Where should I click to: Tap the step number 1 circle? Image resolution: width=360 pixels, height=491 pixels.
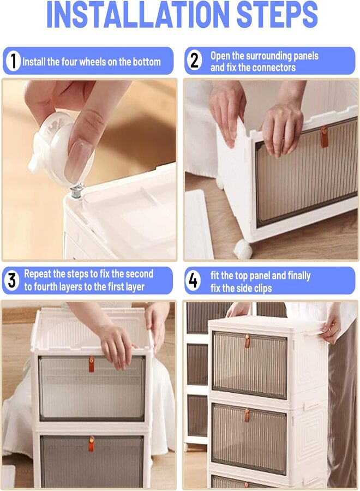click(13, 61)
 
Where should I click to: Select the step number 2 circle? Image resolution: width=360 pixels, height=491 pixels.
click(194, 61)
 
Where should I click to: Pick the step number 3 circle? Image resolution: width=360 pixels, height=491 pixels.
click(11, 280)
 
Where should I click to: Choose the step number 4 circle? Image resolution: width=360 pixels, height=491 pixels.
click(194, 280)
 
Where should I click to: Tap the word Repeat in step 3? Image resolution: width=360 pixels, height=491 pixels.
click(38, 274)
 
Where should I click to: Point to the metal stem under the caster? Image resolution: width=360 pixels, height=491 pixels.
click(77, 191)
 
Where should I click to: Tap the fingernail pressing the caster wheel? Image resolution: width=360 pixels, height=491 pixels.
click(79, 160)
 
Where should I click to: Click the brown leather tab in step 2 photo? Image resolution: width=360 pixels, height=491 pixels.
click(324, 136)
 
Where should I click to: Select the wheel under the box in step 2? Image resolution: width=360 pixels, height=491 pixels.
click(243, 249)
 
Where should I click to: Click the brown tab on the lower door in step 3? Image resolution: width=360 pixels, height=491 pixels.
click(92, 444)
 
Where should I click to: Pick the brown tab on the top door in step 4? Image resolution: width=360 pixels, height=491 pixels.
click(247, 342)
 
